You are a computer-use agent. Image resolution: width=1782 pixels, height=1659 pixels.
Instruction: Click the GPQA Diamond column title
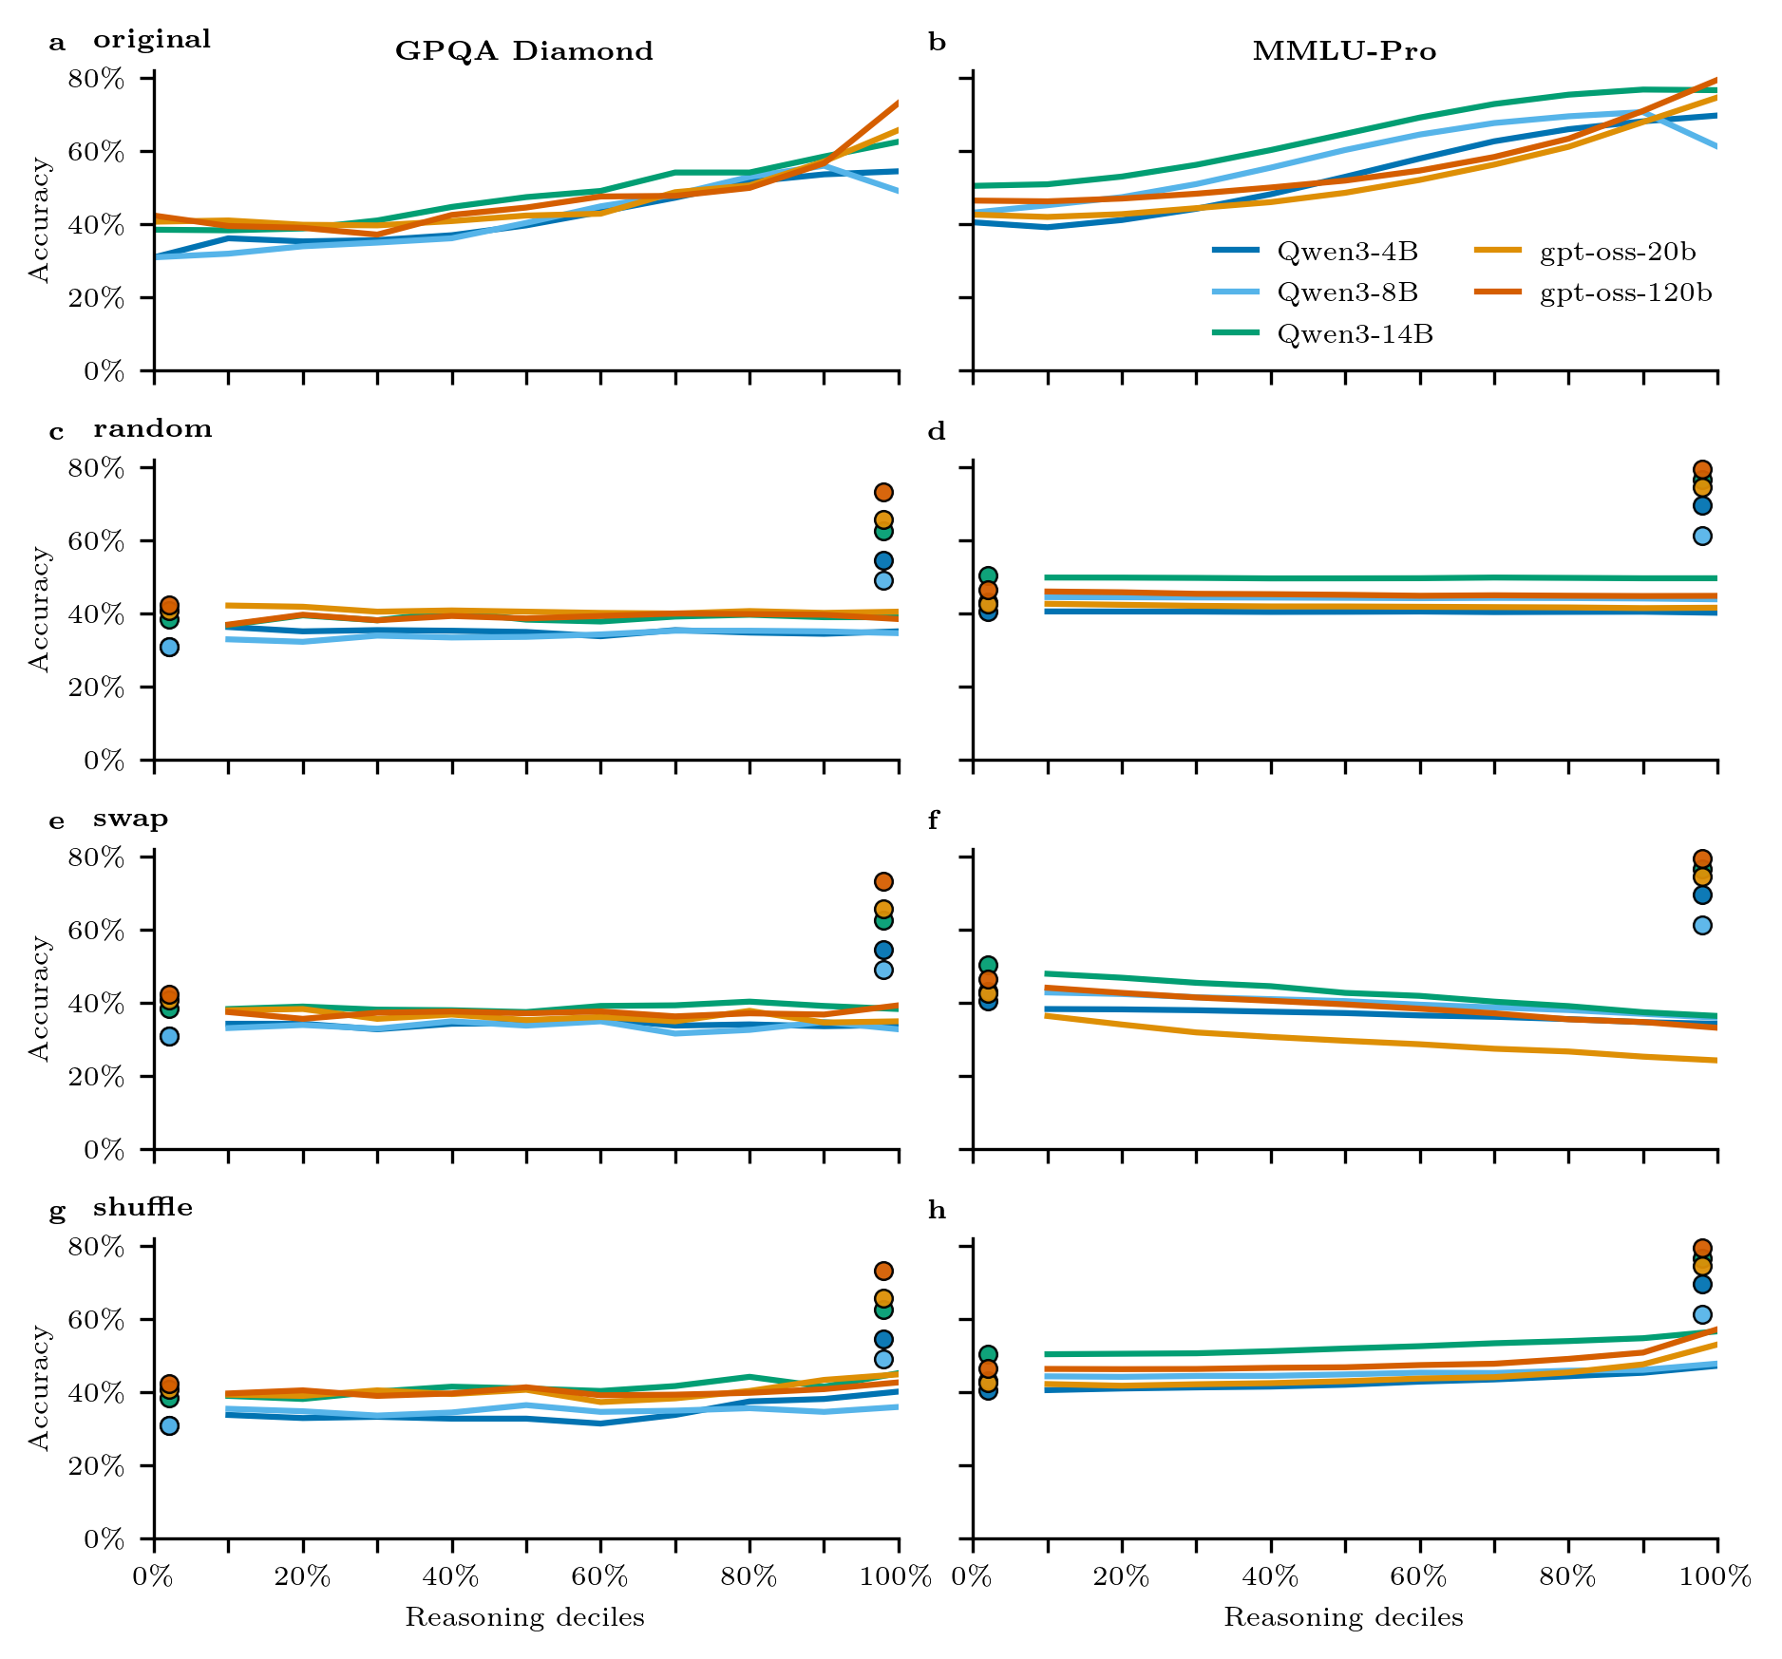pyautogui.click(x=524, y=51)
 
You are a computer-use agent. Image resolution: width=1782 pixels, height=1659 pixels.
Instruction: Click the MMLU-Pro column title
pyautogui.click(x=1344, y=51)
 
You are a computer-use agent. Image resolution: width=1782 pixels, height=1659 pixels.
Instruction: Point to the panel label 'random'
pyautogui.click(x=152, y=429)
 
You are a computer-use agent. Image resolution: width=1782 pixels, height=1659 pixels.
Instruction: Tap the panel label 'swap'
pyautogui.click(x=130, y=819)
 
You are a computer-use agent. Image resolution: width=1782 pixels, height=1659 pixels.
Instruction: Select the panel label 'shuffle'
pyautogui.click(x=142, y=1208)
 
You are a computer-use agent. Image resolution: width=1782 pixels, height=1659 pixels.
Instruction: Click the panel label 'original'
pyautogui.click(x=152, y=40)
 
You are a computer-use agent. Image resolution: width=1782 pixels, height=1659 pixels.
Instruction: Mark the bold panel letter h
pyautogui.click(x=937, y=1211)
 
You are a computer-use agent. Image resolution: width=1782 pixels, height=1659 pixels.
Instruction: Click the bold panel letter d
pyautogui.click(x=937, y=432)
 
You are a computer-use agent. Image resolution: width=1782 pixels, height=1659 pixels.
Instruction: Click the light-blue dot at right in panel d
pyautogui.click(x=1702, y=536)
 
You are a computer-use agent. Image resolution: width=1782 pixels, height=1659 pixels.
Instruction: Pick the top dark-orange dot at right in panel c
pyautogui.click(x=883, y=492)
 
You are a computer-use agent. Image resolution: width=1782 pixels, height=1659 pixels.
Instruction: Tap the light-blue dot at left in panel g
pyautogui.click(x=169, y=1425)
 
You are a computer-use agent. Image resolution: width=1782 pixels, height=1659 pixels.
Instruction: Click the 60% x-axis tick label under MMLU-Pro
pyautogui.click(x=1418, y=1577)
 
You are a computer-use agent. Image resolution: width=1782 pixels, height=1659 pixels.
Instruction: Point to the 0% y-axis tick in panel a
pyautogui.click(x=104, y=371)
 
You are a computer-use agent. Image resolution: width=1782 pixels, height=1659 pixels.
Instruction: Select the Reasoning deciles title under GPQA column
pyautogui.click(x=524, y=1618)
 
